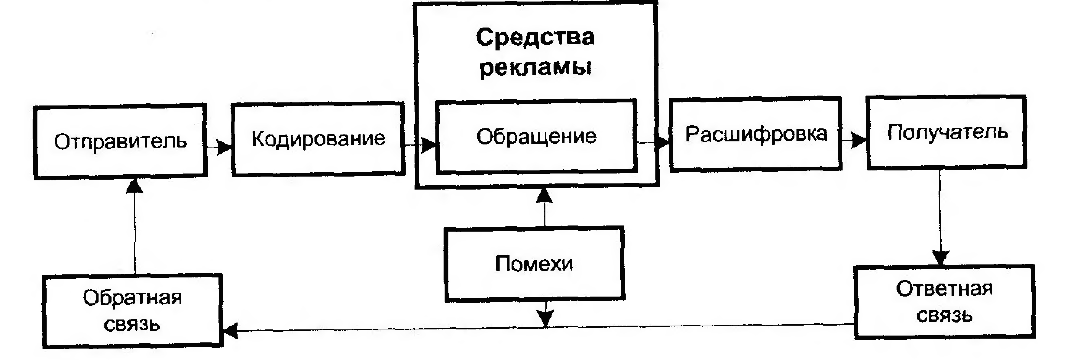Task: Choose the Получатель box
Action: coord(947,132)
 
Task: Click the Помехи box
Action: coord(534,264)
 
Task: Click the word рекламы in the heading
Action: coord(536,68)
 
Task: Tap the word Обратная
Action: coord(132,298)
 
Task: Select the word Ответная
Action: coord(945,288)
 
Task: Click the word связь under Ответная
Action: coord(945,315)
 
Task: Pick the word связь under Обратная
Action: coord(132,324)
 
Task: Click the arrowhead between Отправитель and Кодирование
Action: coord(224,147)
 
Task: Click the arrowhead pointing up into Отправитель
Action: coord(134,186)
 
